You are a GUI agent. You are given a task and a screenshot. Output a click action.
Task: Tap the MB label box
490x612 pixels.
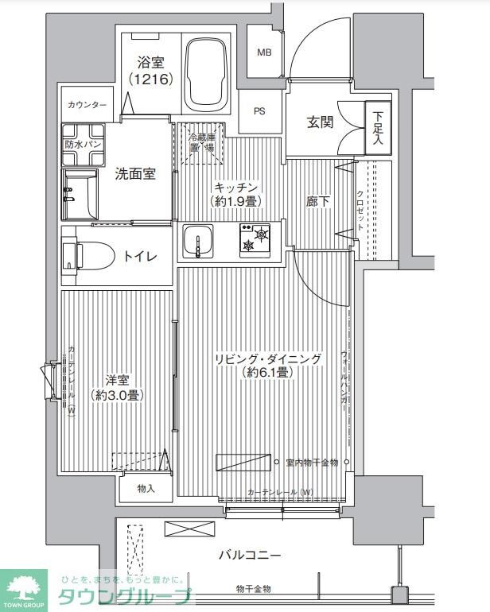tap(263, 52)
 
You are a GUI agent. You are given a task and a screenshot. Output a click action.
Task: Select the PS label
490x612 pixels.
tap(260, 111)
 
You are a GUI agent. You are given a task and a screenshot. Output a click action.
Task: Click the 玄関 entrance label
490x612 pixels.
tap(321, 123)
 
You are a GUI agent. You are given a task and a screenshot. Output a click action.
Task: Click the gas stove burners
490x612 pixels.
tap(255, 239)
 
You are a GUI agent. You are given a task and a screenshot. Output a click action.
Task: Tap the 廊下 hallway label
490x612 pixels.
tap(317, 202)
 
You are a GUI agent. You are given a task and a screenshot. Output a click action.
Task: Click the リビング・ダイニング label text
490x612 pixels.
tap(268, 359)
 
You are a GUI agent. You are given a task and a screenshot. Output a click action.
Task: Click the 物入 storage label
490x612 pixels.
tap(145, 489)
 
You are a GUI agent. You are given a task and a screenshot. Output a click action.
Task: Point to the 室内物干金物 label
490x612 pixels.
tap(312, 462)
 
